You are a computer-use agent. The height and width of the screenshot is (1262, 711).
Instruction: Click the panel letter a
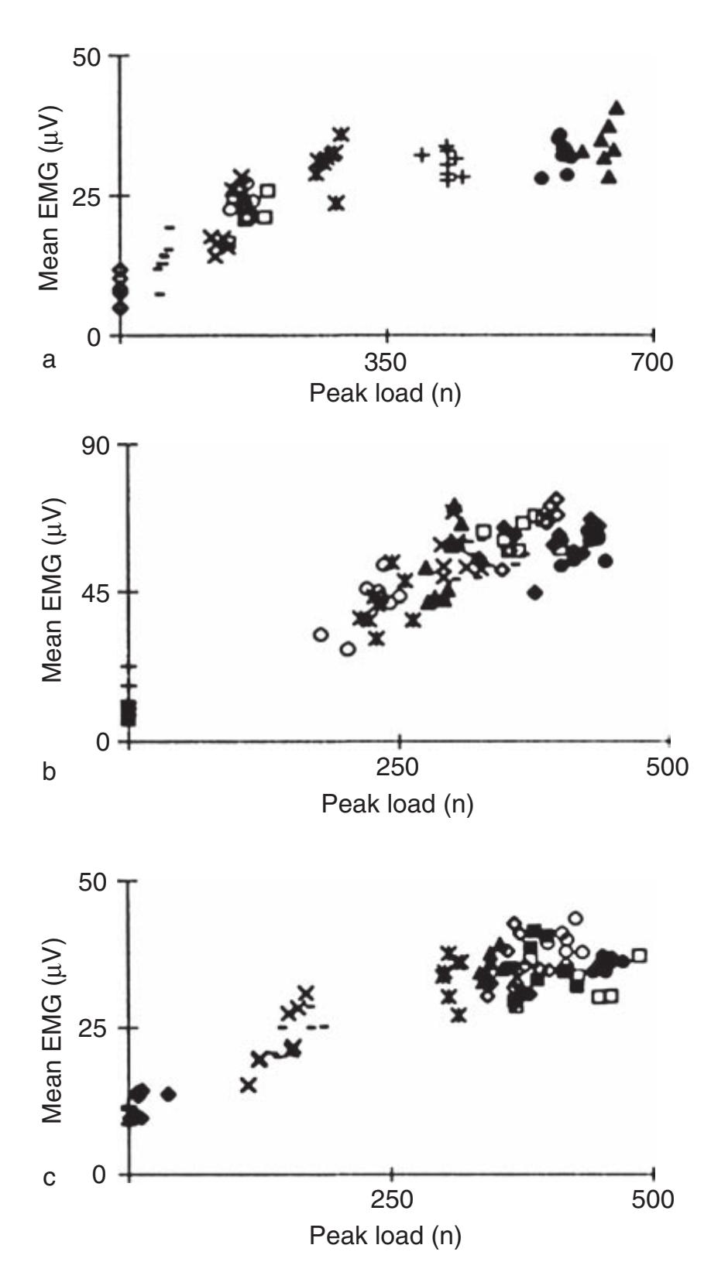click(x=50, y=360)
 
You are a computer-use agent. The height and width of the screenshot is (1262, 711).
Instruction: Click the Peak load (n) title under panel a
click(x=385, y=393)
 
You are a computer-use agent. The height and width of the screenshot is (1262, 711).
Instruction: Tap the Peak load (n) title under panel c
click(x=385, y=1235)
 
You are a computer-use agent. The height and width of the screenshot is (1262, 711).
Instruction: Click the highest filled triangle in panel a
click(x=617, y=108)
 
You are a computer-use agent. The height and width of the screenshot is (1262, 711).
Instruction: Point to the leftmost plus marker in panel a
click(x=421, y=155)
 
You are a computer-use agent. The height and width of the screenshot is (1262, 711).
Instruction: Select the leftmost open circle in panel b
click(x=321, y=634)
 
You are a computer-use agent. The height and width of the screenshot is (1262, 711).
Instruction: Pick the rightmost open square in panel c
click(x=639, y=956)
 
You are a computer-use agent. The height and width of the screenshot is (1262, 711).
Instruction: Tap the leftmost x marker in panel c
click(x=248, y=1085)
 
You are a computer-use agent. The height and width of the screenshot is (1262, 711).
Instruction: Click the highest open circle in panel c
click(x=575, y=918)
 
